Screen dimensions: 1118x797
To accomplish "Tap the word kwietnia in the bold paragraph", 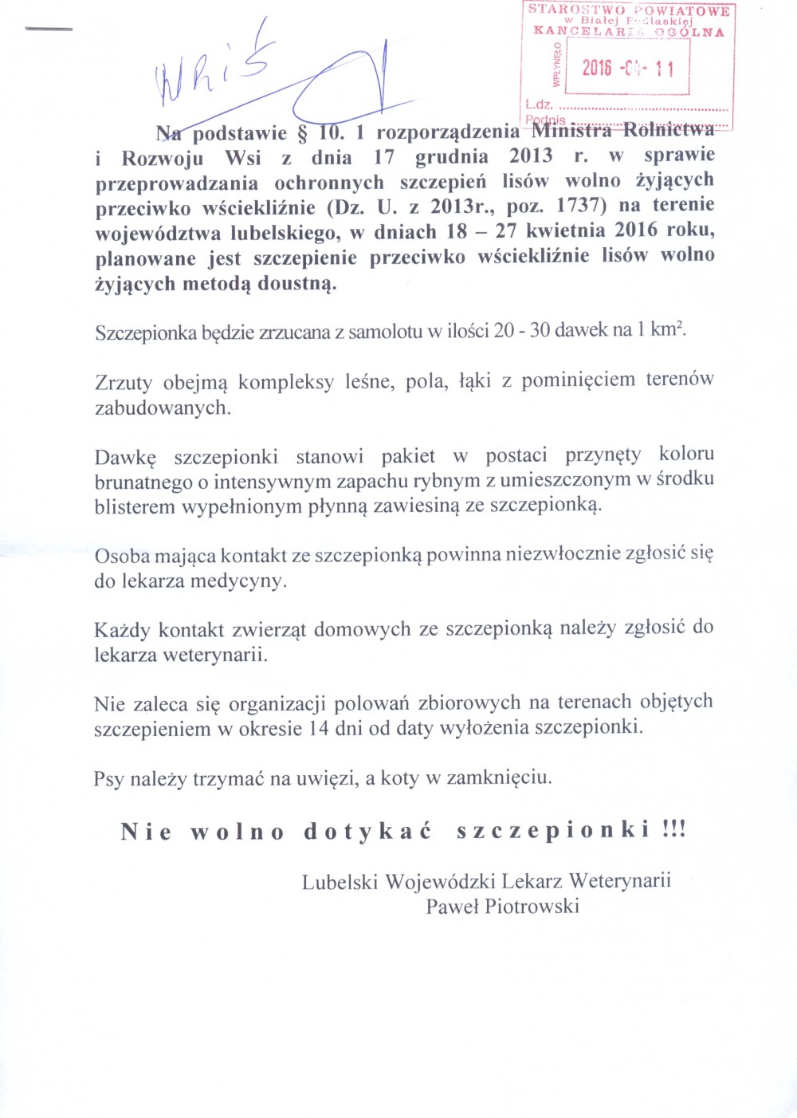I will click(x=566, y=230).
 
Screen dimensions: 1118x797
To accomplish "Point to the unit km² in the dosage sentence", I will click(x=667, y=329).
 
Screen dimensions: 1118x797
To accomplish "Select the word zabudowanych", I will click(x=163, y=407).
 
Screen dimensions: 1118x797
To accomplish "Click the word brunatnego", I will click(x=143, y=482).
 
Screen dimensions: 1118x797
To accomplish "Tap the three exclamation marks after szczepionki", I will click(x=673, y=829).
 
